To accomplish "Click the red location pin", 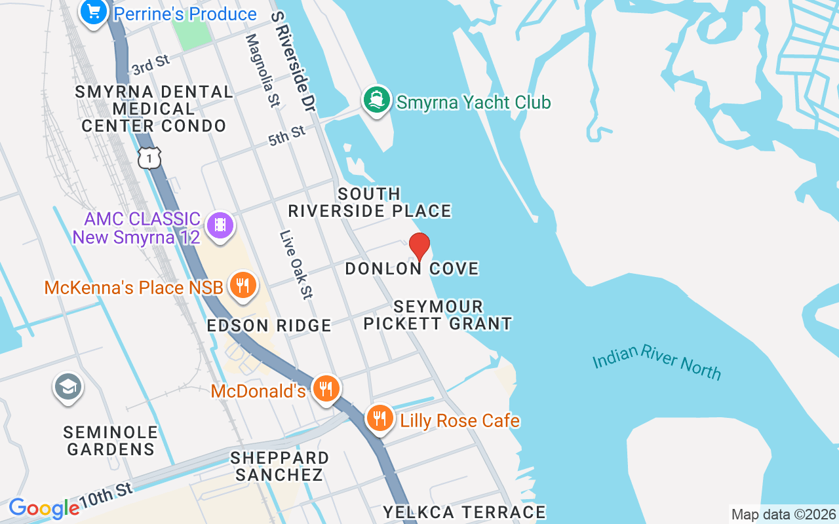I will [x=419, y=246].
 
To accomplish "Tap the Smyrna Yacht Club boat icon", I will [x=377, y=102].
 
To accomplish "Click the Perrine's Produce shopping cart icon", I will [x=94, y=12].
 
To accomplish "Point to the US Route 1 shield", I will [x=149, y=157].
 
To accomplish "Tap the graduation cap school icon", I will [x=68, y=387].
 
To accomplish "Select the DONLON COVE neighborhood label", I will [x=412, y=269].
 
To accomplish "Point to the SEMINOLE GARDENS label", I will [x=111, y=441].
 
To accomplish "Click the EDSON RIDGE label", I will [x=269, y=326].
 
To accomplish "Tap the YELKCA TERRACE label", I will [x=464, y=512].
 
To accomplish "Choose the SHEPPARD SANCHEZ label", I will [x=280, y=466].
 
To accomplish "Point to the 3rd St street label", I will [x=151, y=65].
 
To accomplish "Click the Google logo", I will [x=43, y=508].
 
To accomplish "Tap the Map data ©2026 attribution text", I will [x=783, y=515].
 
